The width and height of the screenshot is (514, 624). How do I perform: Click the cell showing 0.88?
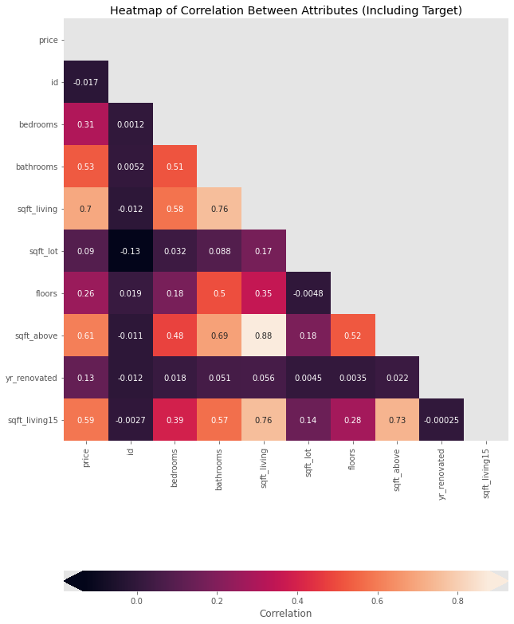pos(264,336)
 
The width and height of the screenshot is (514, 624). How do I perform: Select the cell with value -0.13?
pos(130,251)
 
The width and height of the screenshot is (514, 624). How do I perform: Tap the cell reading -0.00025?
pos(441,420)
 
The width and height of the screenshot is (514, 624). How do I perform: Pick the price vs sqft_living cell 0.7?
pos(85,209)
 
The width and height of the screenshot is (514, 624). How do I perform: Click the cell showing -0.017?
pos(85,82)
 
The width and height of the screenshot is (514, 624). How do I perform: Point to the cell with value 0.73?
pos(397,420)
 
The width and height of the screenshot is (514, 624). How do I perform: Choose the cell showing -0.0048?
pos(308,293)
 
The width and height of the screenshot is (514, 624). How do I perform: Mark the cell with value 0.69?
pos(219,336)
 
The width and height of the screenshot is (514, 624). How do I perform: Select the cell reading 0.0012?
pos(130,124)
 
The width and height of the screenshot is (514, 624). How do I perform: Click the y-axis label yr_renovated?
pos(37,378)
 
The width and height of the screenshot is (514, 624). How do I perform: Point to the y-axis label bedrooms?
pos(39,124)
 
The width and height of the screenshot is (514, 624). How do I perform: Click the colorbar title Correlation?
pos(285,614)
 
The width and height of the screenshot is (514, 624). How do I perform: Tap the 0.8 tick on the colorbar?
pos(457,599)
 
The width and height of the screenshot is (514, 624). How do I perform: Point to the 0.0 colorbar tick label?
pos(136,599)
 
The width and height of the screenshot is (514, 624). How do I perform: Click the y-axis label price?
pos(48,40)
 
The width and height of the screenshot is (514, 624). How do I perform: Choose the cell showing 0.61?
pos(85,336)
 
